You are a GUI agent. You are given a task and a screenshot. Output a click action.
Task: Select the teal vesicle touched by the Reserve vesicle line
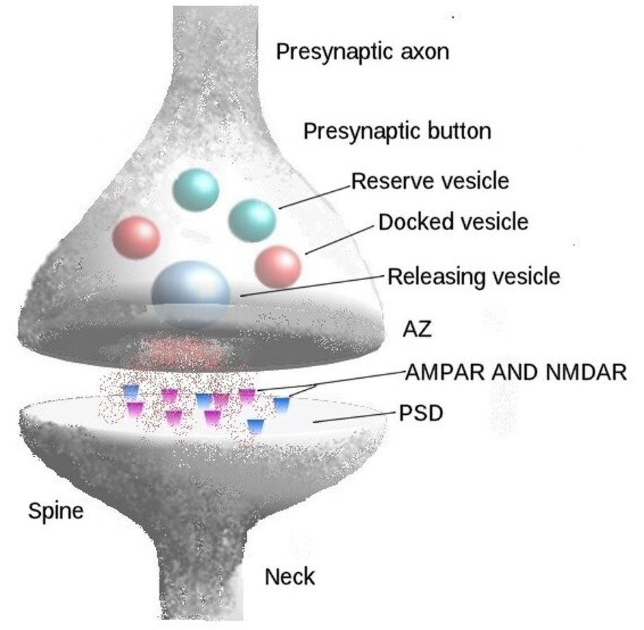[252, 220]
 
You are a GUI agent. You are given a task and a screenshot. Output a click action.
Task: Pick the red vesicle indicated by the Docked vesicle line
[278, 267]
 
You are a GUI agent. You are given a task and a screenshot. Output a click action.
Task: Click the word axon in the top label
[421, 52]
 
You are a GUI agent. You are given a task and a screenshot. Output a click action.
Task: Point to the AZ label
[417, 329]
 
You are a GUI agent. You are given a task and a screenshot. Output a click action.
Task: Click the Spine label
[56, 511]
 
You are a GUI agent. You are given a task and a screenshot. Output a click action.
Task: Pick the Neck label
[290, 576]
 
